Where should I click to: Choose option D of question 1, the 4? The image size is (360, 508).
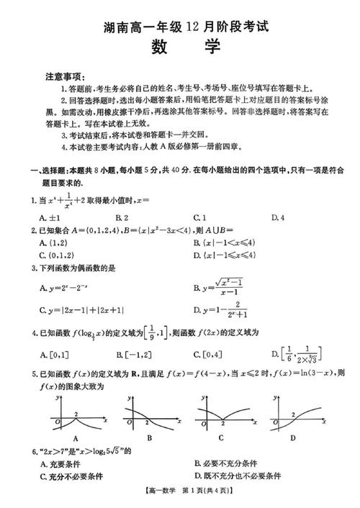point(276,217)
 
